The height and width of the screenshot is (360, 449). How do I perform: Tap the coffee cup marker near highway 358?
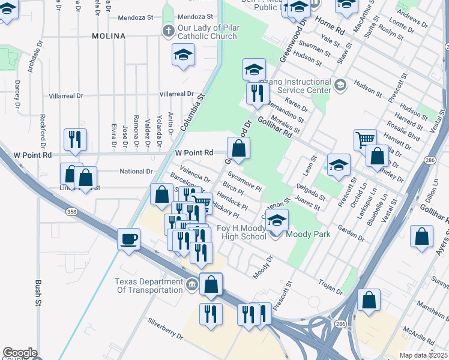click(129, 239)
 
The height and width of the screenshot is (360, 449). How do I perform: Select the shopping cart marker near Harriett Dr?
click(365, 140)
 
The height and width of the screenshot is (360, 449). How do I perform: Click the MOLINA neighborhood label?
click(109, 36)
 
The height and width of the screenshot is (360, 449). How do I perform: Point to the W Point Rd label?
click(194, 153)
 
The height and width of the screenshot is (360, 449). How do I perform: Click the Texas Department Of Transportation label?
click(149, 286)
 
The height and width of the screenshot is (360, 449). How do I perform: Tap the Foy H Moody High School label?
click(233, 232)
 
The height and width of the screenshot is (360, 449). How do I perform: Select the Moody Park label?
click(309, 234)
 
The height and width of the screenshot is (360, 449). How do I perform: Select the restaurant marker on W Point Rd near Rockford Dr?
click(75, 139)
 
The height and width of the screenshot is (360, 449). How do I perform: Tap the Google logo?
click(19, 353)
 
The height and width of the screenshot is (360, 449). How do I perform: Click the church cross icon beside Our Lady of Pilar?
click(169, 30)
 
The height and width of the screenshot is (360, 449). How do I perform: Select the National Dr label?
click(136, 172)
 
